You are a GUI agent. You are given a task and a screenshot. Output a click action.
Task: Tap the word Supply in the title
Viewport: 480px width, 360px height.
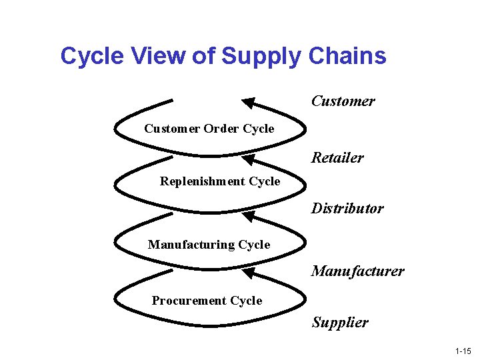click(262, 57)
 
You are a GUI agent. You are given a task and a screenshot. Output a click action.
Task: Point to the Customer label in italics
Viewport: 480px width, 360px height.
click(343, 101)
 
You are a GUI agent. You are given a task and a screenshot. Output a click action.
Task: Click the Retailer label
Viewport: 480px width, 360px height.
click(337, 158)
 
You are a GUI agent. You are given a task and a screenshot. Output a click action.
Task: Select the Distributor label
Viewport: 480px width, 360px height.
click(347, 209)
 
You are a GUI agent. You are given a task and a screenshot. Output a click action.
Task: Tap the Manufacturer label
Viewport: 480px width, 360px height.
click(357, 271)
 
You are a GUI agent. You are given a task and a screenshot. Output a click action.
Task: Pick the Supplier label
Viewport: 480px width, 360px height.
click(339, 323)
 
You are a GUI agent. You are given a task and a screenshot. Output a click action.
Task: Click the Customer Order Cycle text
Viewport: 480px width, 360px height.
click(209, 129)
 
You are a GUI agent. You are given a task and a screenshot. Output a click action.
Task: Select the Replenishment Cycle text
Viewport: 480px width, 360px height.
click(220, 181)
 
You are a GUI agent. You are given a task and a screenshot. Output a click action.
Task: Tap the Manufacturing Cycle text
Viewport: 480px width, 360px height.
click(209, 245)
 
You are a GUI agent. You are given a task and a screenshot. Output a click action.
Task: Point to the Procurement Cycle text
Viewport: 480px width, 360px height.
click(207, 301)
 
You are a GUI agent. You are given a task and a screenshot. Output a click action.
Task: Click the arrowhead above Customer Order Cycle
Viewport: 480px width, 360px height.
click(248, 103)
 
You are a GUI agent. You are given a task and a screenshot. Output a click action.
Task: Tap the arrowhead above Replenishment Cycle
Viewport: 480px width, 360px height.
click(248, 159)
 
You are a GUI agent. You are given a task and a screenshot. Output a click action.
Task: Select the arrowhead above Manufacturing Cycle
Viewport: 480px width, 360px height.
click(248, 216)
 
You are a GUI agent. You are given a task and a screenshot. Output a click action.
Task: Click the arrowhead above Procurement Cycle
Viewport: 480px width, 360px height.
click(248, 273)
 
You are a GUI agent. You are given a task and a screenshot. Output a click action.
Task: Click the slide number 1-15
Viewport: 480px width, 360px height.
click(463, 351)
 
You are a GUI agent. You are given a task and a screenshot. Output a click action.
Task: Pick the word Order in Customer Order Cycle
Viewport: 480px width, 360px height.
click(221, 129)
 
